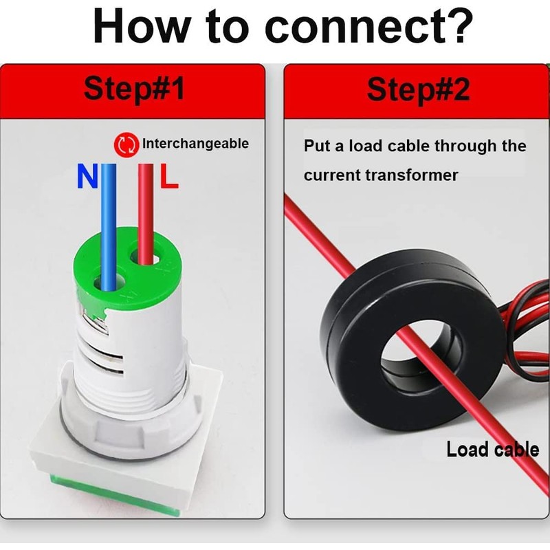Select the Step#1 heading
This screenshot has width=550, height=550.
pos(134,89)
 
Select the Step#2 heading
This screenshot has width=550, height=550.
pos(418,90)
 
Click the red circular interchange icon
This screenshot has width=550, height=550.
pos(125,144)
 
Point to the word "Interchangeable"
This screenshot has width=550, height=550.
pos(195,144)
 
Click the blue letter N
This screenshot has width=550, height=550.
pos(87,177)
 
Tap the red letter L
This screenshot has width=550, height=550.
pos(169,176)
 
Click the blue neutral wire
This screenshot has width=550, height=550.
pos(109,228)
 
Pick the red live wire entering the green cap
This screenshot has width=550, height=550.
pos(146,214)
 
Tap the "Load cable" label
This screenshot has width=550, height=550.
pos(492,450)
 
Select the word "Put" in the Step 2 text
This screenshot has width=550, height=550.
pos(317,146)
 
